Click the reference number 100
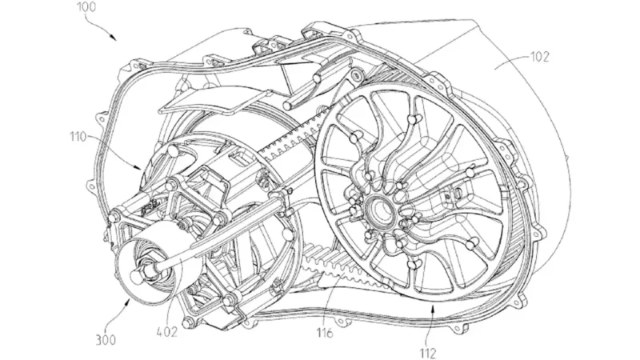pos(86,7)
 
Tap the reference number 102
pos(539,57)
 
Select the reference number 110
pos(78,137)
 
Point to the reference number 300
pos(106,339)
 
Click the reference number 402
pos(167,332)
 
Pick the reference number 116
pos(325,333)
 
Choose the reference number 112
pos(427,353)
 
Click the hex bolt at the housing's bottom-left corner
pos(188,323)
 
